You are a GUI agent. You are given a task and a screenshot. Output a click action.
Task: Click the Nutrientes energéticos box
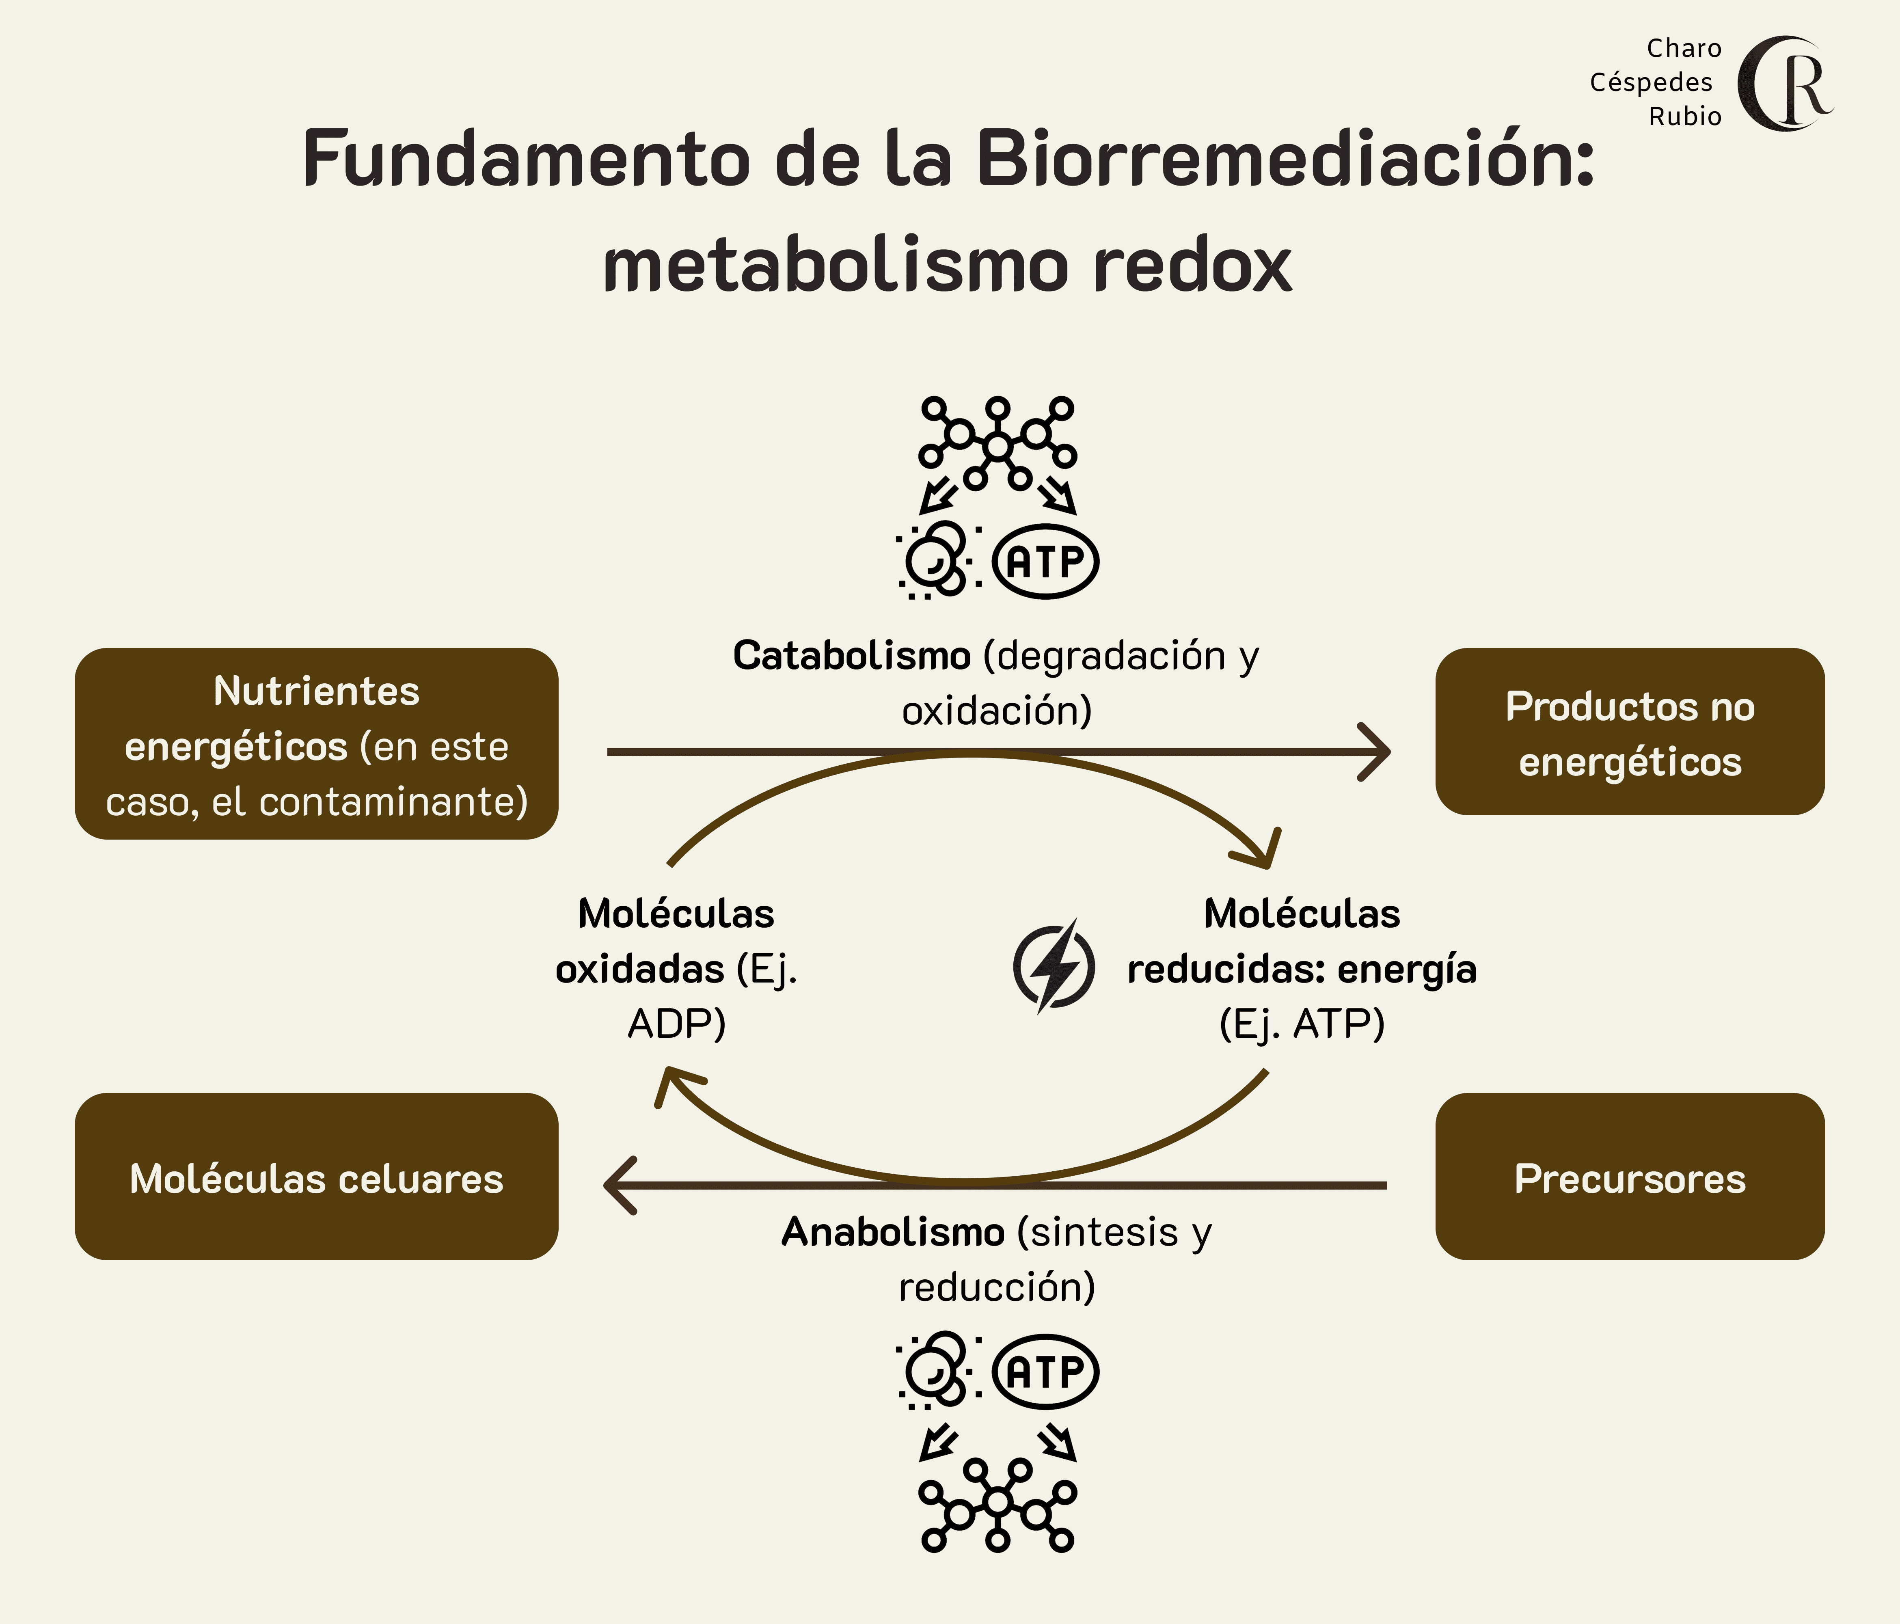click(316, 744)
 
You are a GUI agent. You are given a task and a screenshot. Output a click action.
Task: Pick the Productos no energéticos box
click(1630, 732)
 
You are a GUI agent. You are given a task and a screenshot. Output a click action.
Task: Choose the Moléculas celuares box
click(316, 1177)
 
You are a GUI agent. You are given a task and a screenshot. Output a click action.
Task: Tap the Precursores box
click(1630, 1177)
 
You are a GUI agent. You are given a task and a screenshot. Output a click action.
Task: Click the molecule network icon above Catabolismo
click(997, 445)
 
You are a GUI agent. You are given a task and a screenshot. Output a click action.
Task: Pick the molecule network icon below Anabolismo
click(997, 1504)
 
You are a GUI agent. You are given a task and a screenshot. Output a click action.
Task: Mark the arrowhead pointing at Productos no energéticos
click(1375, 752)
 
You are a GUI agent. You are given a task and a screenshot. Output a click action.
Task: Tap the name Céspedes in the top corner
click(1651, 82)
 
